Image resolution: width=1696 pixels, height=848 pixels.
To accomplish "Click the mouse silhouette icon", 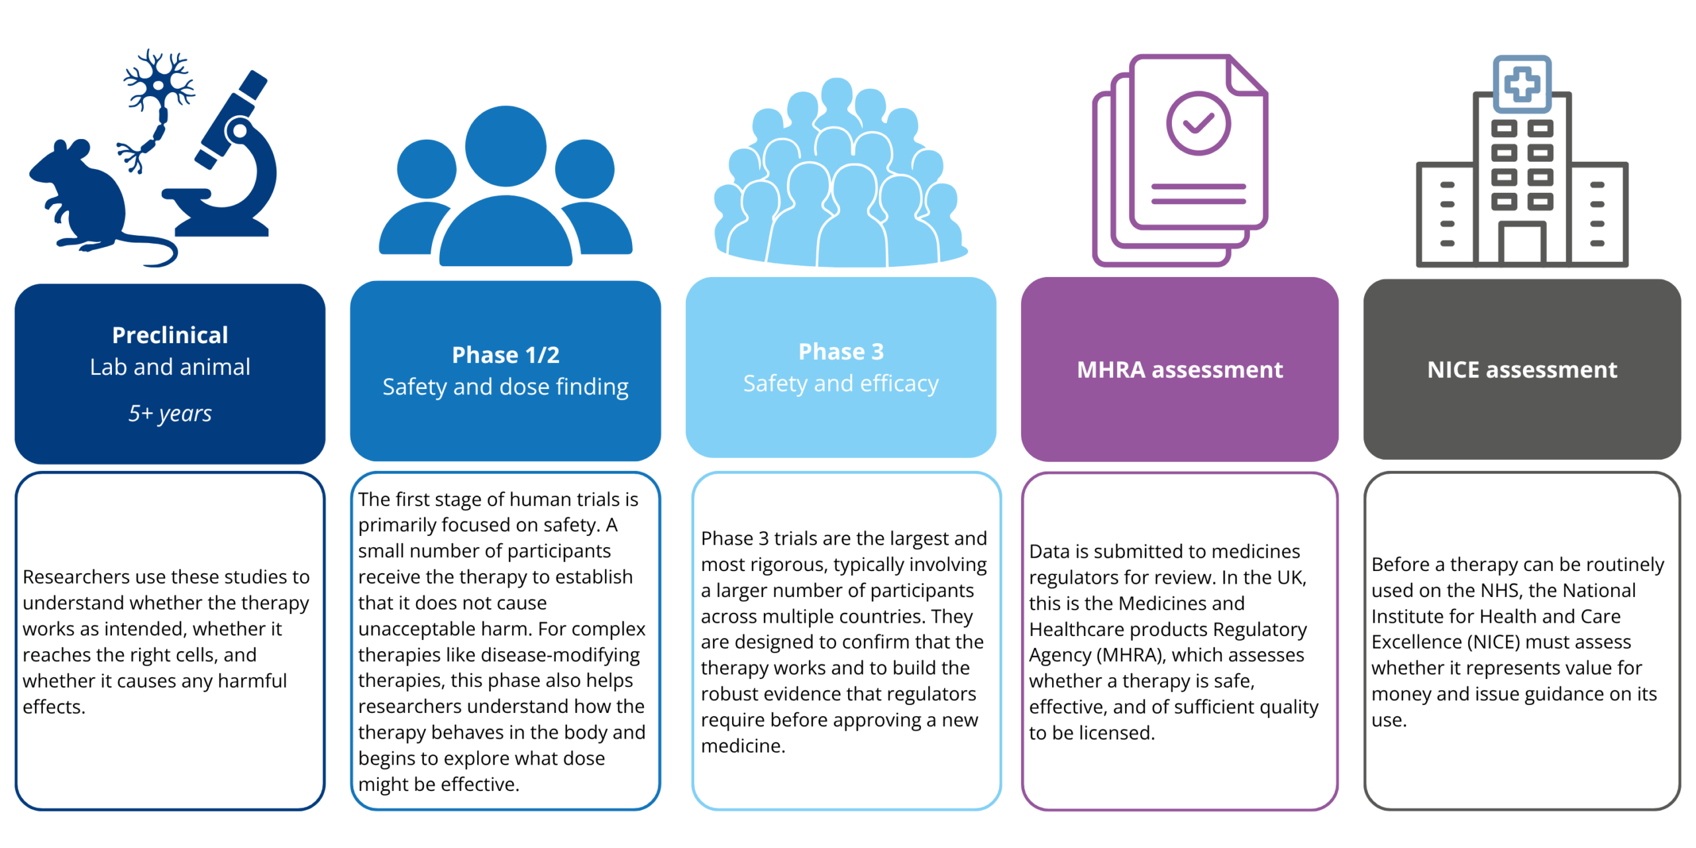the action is pos(86,199).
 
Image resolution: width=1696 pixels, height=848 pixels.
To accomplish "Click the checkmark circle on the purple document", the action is pos(1198,123).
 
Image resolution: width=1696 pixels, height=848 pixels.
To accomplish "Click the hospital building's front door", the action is pos(1522,242).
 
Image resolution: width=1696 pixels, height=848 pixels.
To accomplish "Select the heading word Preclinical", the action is pos(170,335).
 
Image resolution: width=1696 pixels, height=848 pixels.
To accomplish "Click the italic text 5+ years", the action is pos(170,413).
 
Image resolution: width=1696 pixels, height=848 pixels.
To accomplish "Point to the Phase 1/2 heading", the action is pos(505,355).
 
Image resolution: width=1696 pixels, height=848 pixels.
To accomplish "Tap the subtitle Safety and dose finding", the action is pos(505,387).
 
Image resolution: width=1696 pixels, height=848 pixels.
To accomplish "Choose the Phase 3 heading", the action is pos(841,352).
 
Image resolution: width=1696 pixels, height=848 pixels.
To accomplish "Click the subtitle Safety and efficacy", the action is pos(841,384).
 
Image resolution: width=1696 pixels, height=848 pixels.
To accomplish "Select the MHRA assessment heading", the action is pos(1180,370).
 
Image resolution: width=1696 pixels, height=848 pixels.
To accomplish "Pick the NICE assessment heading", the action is pos(1522,370).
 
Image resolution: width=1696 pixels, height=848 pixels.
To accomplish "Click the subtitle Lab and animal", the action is pos(170,367).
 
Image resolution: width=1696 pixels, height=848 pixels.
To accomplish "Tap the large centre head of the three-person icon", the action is pos(505,146).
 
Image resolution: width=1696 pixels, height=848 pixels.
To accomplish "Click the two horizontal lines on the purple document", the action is pos(1198,193).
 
